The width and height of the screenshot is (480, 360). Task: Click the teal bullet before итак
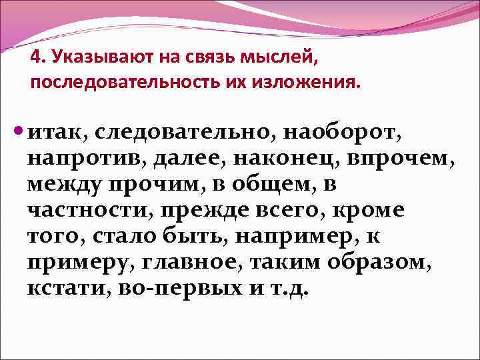19,133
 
